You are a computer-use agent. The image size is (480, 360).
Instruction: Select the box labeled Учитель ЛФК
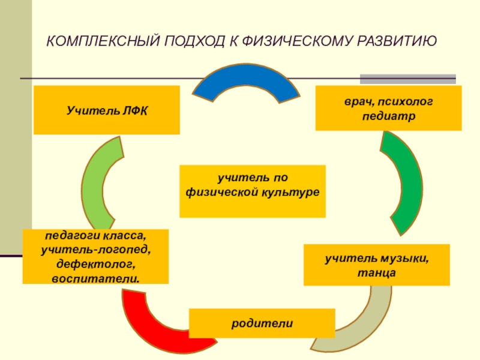point(106,110)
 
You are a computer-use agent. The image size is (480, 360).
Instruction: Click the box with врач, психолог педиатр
point(388,108)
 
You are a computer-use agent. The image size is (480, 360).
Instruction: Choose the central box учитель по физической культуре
point(252,191)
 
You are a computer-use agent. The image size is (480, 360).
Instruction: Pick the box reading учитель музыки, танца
point(376,265)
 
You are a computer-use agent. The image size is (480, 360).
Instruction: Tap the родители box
point(262,323)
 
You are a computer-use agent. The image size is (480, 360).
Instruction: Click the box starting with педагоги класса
point(95,256)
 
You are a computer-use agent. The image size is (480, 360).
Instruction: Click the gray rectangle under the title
point(407,79)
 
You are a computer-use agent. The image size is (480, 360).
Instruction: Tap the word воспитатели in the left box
point(96,279)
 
